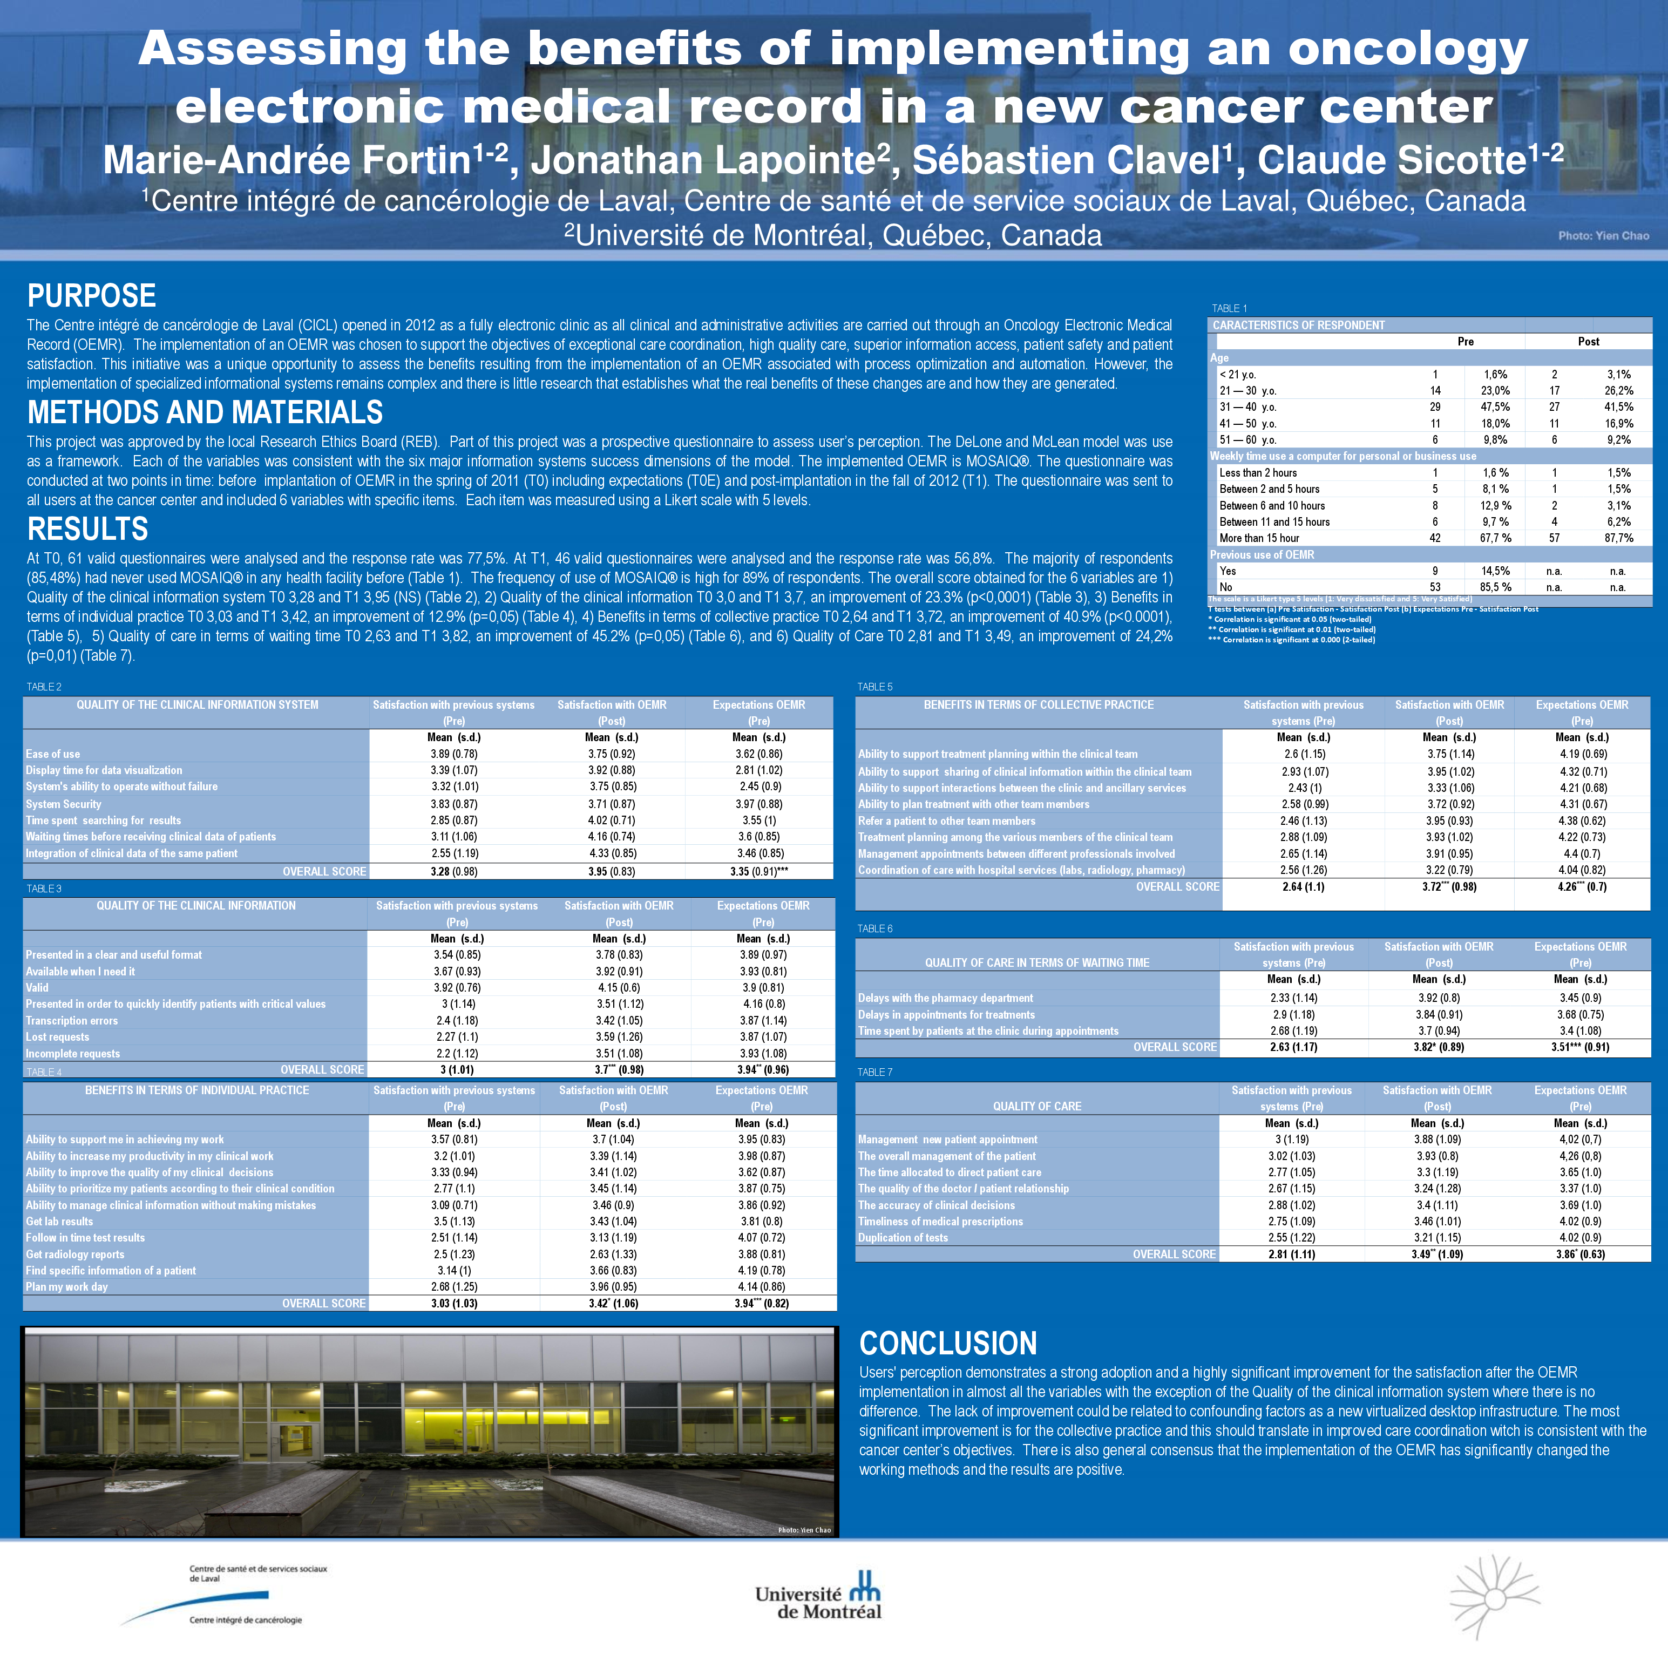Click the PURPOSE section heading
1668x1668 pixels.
pos(92,296)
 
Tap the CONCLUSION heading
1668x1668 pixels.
pos(947,1344)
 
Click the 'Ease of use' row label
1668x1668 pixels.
pos(53,754)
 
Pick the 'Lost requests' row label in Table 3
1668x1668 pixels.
pos(57,1037)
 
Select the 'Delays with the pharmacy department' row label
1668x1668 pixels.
pos(945,998)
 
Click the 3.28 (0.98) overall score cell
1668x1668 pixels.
pos(453,871)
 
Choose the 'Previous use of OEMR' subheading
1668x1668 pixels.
pos(1262,554)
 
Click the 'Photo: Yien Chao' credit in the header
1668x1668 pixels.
pos(1603,236)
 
